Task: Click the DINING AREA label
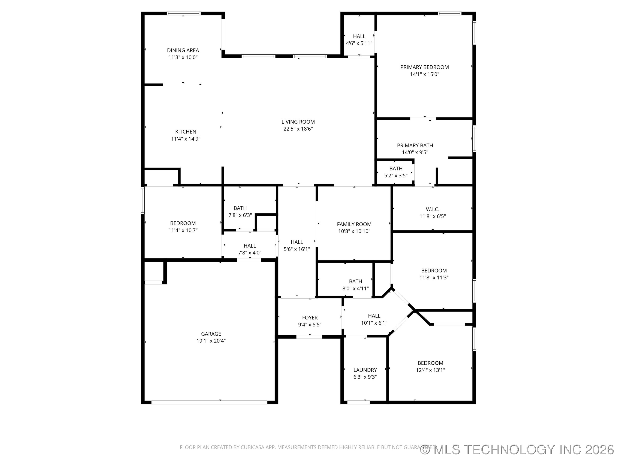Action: [183, 50]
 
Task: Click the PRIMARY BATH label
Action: [415, 145]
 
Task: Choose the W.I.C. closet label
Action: [432, 209]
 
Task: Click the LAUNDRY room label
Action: [365, 370]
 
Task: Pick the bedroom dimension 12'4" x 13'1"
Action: [430, 370]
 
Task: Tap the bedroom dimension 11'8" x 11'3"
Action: [434, 277]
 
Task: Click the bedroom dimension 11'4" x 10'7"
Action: [183, 230]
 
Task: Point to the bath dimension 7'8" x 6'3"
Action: [240, 215]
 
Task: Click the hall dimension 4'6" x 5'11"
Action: [359, 43]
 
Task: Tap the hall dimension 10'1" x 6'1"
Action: [374, 323]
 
